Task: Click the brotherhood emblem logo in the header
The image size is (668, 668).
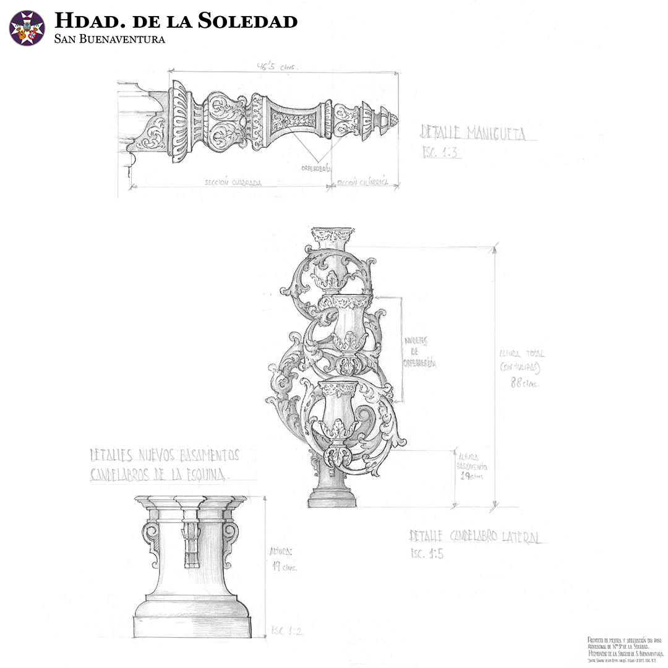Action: [27, 28]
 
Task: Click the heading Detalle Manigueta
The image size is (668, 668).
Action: [473, 132]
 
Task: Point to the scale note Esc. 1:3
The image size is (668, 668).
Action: [441, 152]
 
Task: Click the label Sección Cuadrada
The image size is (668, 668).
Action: [233, 183]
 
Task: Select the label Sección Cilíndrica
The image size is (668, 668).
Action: [364, 183]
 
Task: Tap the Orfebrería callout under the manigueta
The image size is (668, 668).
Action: [316, 168]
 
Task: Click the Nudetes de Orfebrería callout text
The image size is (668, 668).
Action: [420, 352]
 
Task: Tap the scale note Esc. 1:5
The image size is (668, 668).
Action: [427, 554]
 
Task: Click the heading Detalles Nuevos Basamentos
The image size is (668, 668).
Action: [164, 455]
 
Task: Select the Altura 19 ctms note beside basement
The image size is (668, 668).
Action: [283, 559]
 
